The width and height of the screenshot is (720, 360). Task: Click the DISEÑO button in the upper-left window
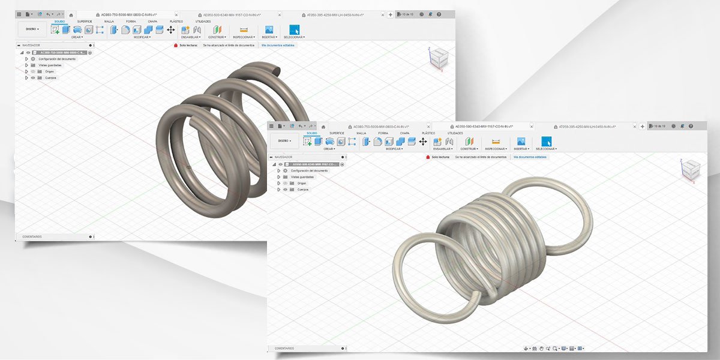click(32, 29)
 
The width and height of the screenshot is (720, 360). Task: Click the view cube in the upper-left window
click(437, 58)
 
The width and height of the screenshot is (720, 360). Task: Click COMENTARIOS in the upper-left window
click(32, 236)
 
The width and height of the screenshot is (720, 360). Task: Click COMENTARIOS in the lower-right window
click(284, 348)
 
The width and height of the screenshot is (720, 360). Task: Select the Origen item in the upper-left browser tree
click(49, 71)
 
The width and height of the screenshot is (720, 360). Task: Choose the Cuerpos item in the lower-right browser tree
click(302, 190)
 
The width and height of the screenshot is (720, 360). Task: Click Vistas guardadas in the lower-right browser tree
click(302, 177)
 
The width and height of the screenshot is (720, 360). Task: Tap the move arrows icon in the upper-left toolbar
click(170, 29)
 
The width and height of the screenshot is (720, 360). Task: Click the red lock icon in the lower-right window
click(428, 157)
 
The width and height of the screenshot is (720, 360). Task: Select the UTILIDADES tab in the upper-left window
click(203, 21)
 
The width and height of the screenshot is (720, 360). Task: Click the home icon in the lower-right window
click(323, 127)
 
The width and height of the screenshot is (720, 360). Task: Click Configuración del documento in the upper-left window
click(57, 59)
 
